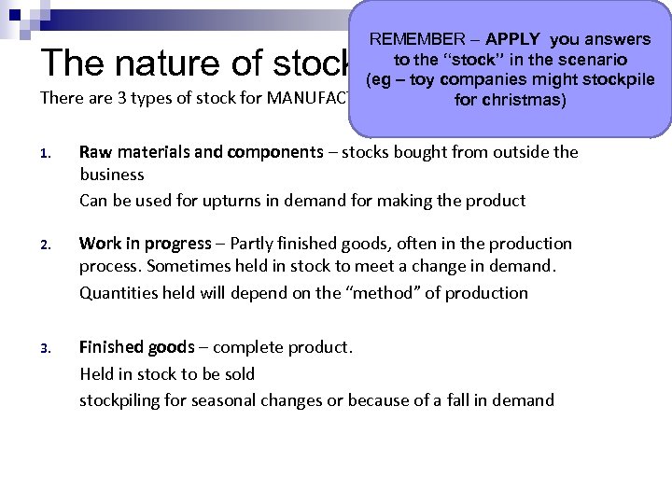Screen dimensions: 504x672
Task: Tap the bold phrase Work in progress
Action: (145, 244)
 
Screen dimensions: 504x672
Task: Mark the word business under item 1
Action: (112, 175)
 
